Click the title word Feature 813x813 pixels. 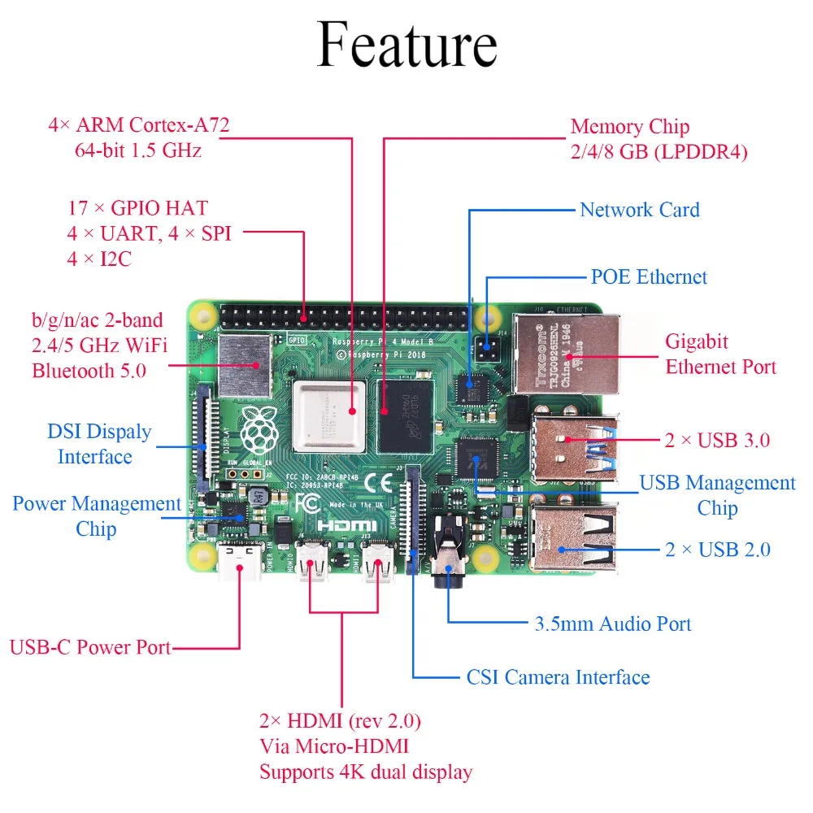[x=406, y=45]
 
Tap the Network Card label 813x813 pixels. [x=639, y=210]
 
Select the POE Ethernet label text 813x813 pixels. [x=649, y=277]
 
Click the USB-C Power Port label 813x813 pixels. [x=90, y=648]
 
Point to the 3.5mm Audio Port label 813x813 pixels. [x=612, y=624]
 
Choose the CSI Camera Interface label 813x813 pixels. [x=558, y=677]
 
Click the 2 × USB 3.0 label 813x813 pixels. [x=716, y=441]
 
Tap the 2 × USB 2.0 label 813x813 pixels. [x=717, y=550]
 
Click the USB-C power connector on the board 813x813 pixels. [x=240, y=561]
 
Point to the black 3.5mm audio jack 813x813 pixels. [x=448, y=561]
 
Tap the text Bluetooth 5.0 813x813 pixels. [x=89, y=372]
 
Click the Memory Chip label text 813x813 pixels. [x=629, y=127]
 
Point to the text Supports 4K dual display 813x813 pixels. [x=366, y=771]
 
